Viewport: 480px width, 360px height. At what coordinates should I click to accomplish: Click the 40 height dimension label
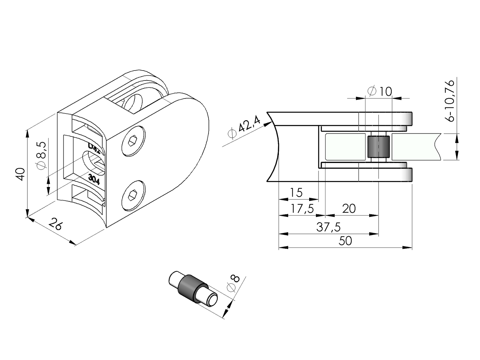pyautogui.click(x=21, y=174)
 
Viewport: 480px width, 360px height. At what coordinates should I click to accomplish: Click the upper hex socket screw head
pyautogui.click(x=133, y=141)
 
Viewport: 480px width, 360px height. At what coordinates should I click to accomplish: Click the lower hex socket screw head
pyautogui.click(x=133, y=196)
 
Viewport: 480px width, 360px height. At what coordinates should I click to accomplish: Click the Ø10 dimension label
pyautogui.click(x=380, y=91)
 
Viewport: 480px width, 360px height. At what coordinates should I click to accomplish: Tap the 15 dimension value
pyautogui.click(x=296, y=193)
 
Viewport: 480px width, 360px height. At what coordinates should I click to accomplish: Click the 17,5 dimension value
pyautogui.click(x=302, y=209)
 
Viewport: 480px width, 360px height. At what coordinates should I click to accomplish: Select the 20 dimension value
pyautogui.click(x=349, y=209)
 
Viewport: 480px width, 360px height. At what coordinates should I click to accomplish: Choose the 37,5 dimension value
pyautogui.click(x=328, y=227)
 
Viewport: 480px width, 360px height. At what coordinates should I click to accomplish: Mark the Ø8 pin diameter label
pyautogui.click(x=233, y=284)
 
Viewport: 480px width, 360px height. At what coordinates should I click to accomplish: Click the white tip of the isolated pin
pyautogui.click(x=213, y=301)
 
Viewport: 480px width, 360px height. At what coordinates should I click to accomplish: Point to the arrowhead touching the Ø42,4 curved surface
pyautogui.click(x=268, y=123)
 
